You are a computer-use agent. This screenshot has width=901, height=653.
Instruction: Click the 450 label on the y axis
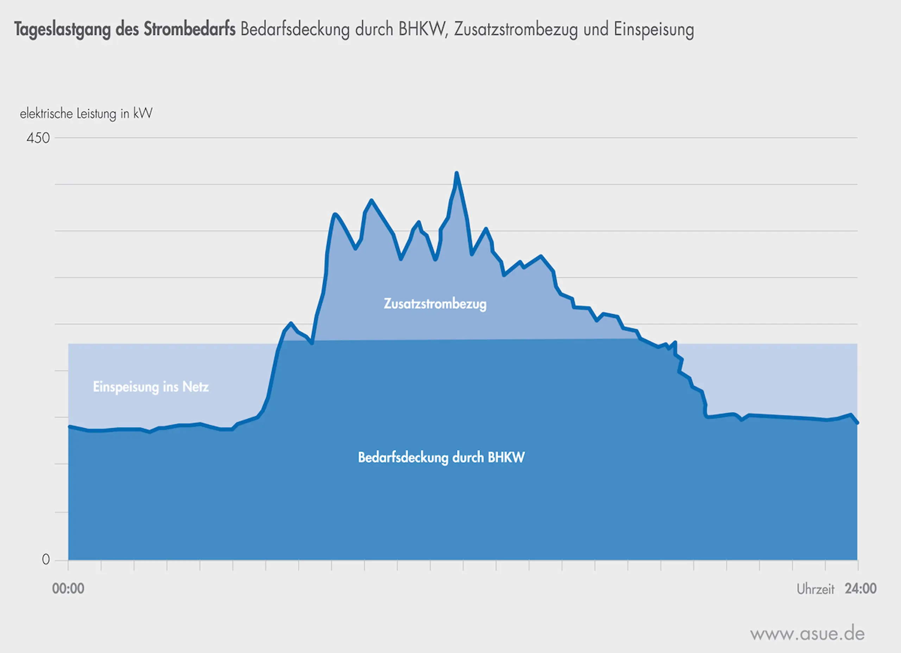pyautogui.click(x=38, y=138)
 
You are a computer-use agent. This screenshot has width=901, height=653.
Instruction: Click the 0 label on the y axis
pyautogui.click(x=46, y=560)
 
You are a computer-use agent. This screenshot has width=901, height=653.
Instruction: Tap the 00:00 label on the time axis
pyautogui.click(x=68, y=588)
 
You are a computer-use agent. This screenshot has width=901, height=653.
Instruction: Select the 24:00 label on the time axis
pyautogui.click(x=861, y=588)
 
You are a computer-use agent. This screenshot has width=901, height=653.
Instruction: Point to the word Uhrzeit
pyautogui.click(x=815, y=589)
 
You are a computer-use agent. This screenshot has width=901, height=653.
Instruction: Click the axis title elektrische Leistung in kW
pyautogui.click(x=86, y=114)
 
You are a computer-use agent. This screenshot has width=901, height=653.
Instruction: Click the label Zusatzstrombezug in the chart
pyautogui.click(x=435, y=304)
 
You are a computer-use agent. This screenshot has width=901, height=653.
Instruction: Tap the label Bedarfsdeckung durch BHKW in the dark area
pyautogui.click(x=441, y=457)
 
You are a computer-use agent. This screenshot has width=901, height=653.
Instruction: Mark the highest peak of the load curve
pyautogui.click(x=456, y=173)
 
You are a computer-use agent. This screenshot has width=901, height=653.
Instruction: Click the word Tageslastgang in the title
pyautogui.click(x=62, y=30)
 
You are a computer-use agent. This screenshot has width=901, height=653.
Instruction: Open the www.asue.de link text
pyautogui.click(x=807, y=634)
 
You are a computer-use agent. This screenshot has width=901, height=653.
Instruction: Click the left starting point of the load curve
pyautogui.click(x=69, y=426)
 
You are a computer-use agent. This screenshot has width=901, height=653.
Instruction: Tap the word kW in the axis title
pyautogui.click(x=143, y=114)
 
